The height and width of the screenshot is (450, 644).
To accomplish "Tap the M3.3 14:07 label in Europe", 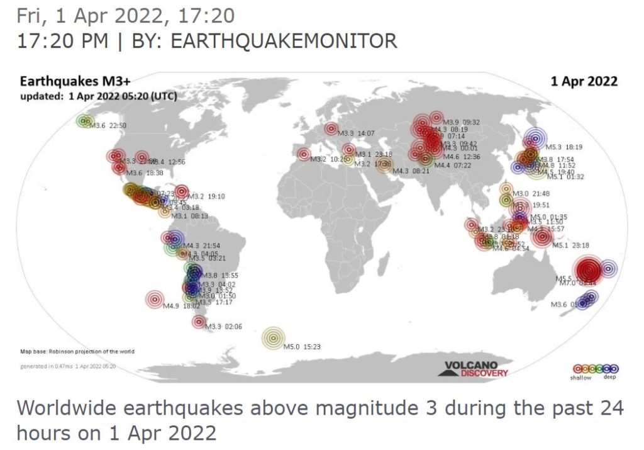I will point(356,133).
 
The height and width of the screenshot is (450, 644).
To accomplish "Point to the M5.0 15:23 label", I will point(303,346).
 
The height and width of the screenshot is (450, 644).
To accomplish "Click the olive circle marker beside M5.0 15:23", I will point(273,338).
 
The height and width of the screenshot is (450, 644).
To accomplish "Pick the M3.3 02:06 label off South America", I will point(225,326).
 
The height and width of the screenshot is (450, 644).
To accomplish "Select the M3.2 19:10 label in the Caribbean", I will point(207,196).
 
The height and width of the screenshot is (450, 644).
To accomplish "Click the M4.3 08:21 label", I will point(411,171).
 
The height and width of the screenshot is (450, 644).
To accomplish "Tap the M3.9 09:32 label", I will point(462,122).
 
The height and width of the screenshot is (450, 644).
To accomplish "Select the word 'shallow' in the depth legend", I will point(581,378).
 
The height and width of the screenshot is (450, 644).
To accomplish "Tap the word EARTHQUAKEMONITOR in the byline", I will point(284,41).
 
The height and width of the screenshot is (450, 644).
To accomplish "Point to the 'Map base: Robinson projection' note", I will point(77,351).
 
